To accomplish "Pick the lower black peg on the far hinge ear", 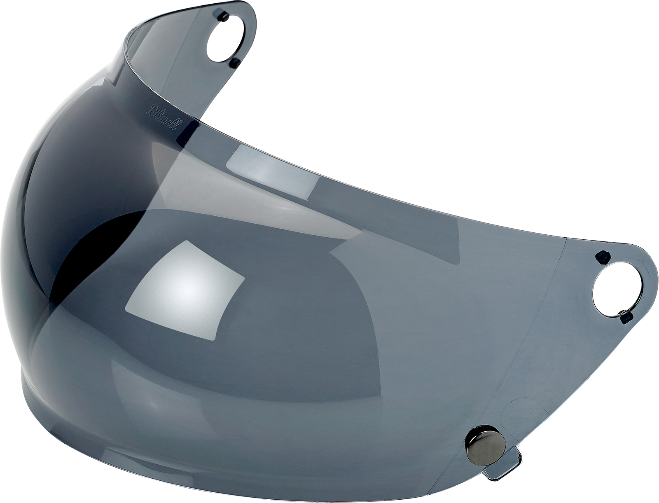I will click(x=236, y=62).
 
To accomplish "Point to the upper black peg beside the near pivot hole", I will click(x=602, y=257).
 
